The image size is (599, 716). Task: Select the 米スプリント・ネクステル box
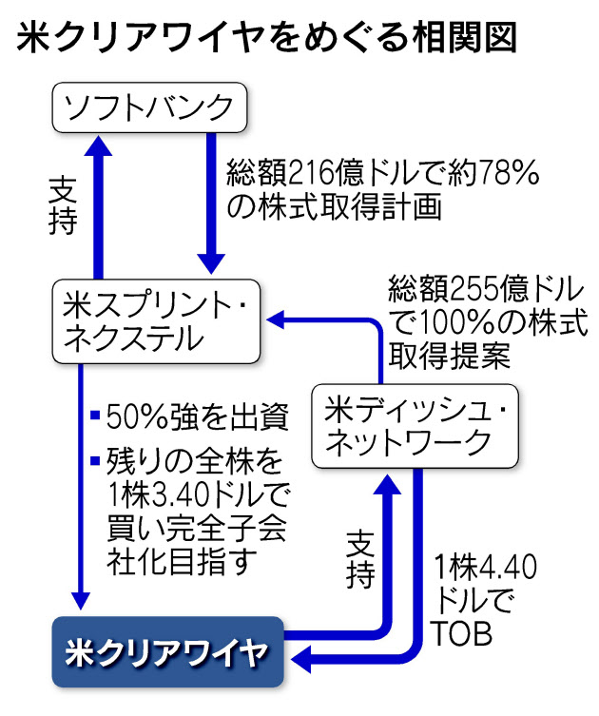(x=156, y=320)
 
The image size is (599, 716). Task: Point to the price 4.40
(x=503, y=570)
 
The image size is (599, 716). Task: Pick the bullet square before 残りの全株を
(x=94, y=462)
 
